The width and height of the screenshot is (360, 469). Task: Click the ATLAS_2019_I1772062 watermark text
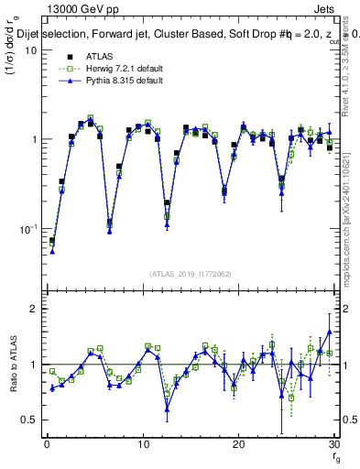[190, 273]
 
